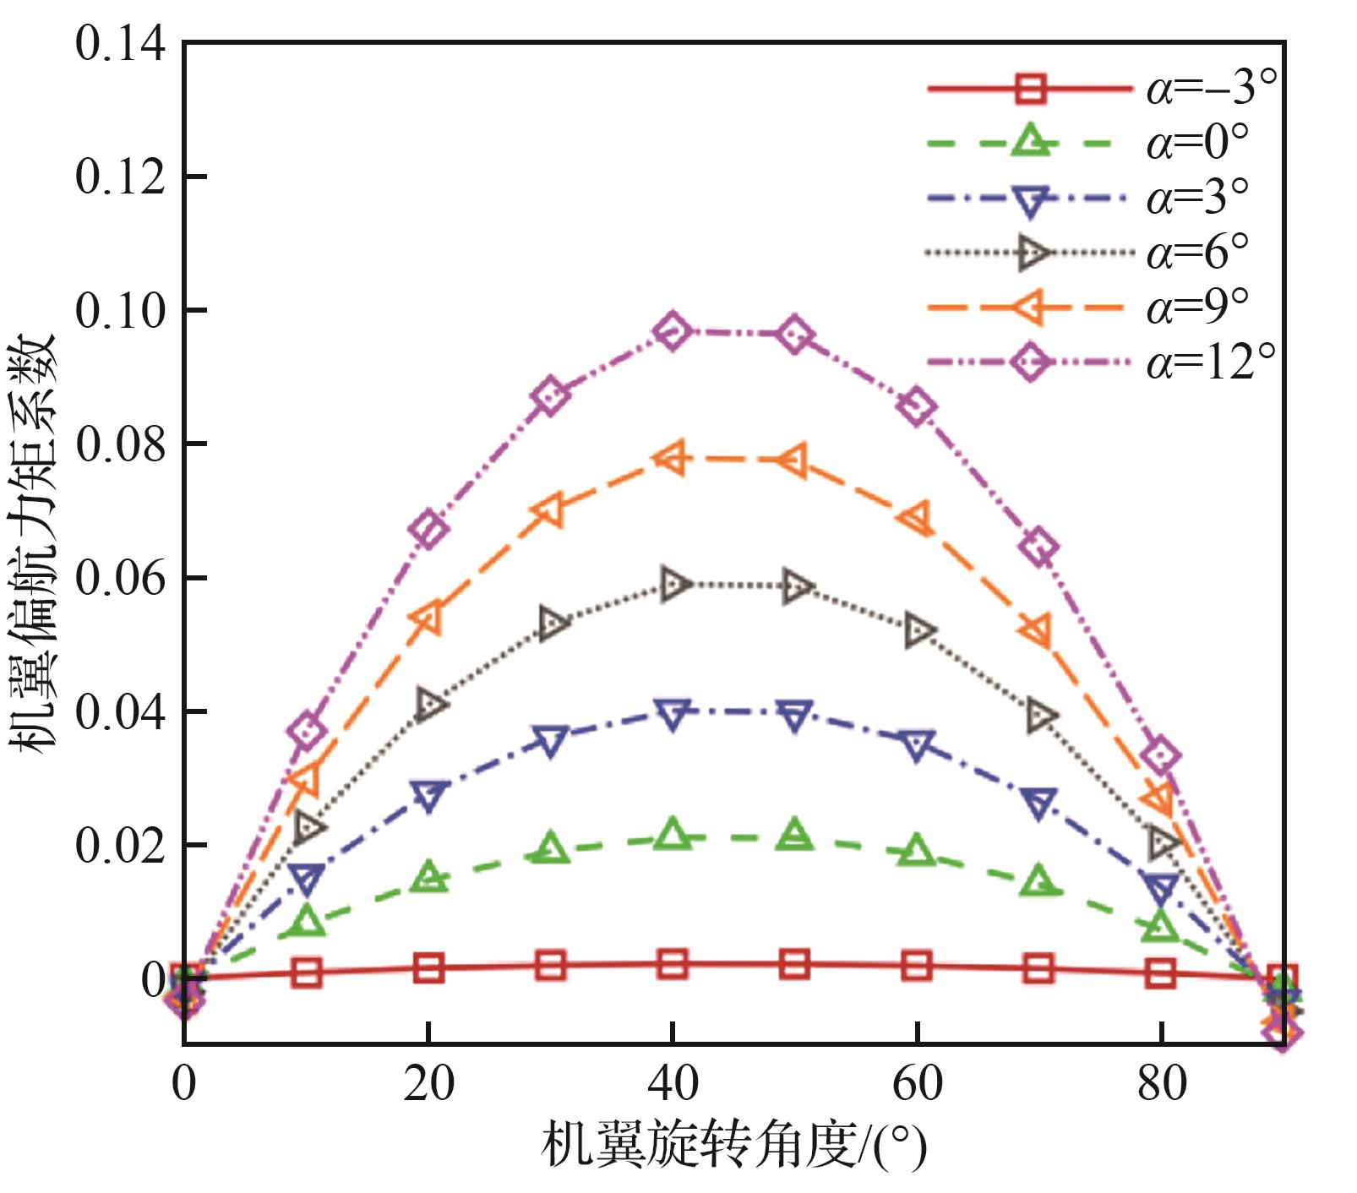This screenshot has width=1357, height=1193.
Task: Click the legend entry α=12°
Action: [1210, 362]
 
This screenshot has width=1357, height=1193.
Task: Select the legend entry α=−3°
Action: [1210, 88]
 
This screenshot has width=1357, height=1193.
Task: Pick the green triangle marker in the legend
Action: [1030, 141]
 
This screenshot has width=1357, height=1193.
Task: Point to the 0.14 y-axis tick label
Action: [121, 44]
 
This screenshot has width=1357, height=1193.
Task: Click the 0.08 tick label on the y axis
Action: [121, 444]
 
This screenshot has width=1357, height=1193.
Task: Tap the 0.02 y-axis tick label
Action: [121, 846]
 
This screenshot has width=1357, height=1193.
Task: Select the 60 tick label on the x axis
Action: [918, 1084]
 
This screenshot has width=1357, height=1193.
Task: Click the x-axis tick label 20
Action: [428, 1084]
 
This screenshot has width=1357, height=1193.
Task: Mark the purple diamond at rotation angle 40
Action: [673, 330]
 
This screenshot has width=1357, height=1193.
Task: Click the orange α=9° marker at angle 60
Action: [918, 518]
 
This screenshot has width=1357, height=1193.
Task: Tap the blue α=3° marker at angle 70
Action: [1039, 803]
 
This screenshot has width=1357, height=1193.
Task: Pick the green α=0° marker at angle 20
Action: [429, 877]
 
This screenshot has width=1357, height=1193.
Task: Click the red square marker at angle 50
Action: [794, 963]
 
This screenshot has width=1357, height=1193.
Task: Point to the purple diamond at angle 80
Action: [1162, 755]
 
